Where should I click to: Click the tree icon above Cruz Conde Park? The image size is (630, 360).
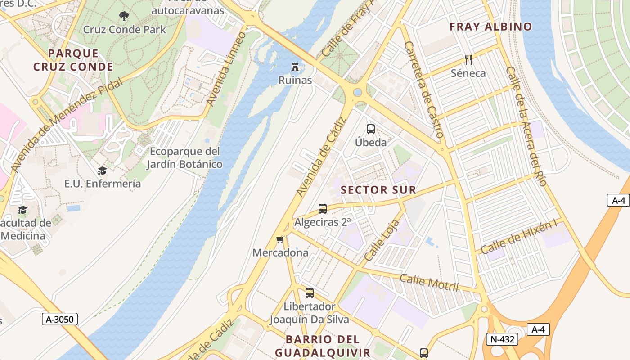[124, 17]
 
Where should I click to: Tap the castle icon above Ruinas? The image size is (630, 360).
[295, 67]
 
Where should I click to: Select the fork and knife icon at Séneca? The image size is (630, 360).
[468, 59]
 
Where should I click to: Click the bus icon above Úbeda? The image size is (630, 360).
[371, 129]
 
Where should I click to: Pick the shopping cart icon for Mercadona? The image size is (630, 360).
[280, 239]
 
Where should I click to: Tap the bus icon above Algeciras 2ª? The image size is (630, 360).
[322, 208]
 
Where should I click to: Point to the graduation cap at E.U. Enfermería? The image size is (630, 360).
[102, 171]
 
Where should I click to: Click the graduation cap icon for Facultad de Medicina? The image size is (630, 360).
[22, 210]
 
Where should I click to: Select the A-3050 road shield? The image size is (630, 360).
[60, 319]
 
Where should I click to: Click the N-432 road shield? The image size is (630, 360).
[502, 339]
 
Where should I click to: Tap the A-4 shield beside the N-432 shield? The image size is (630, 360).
[538, 329]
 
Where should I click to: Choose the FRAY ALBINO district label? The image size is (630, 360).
[491, 27]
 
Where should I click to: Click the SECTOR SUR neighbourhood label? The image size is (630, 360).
[378, 190]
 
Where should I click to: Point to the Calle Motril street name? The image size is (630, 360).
[429, 283]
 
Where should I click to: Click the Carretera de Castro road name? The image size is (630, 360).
[424, 90]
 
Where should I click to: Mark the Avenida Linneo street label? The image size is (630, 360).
[226, 70]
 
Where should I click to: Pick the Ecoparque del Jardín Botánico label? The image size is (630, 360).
[184, 157]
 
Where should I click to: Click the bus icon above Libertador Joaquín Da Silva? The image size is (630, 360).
[310, 293]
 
